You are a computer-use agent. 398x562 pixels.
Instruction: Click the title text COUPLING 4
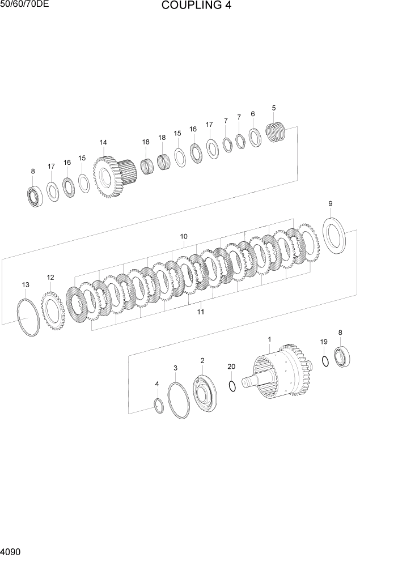pyautogui.click(x=196, y=7)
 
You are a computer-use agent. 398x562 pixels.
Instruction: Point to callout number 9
pyautogui.click(x=331, y=204)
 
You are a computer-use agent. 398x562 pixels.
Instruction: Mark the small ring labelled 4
pyautogui.click(x=159, y=406)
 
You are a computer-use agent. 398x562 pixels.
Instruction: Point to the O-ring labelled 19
pyautogui.click(x=325, y=361)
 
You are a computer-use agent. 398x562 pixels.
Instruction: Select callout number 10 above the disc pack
pyautogui.click(x=184, y=236)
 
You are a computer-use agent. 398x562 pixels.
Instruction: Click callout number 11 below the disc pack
pyautogui.click(x=201, y=312)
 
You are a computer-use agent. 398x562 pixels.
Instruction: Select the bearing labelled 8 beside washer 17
pyautogui.click(x=34, y=195)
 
